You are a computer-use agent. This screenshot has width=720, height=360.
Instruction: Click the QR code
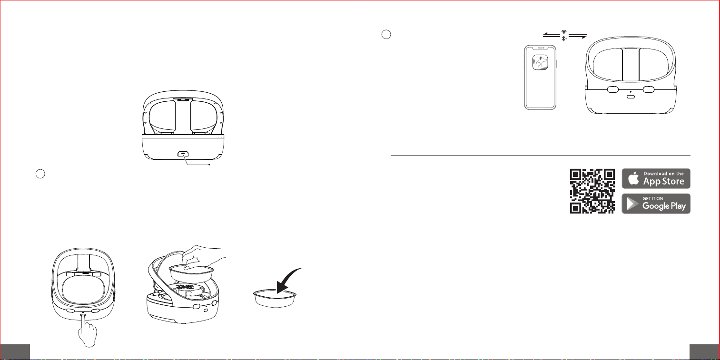click(592, 191)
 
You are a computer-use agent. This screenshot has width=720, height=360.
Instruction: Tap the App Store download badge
click(656, 178)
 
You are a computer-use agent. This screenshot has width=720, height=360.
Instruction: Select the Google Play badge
click(656, 204)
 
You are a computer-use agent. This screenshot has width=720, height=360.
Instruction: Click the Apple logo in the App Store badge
click(633, 178)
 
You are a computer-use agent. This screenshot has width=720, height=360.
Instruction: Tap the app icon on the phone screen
click(540, 62)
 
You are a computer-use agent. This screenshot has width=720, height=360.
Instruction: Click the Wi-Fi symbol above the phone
click(564, 32)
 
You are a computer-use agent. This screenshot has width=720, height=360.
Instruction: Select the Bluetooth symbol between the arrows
click(563, 38)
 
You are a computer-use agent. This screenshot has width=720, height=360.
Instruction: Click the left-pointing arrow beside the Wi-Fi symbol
click(552, 35)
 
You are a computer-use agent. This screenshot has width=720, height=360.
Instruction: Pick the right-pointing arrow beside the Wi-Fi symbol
click(578, 36)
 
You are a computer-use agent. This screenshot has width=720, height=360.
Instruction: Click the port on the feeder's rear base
click(183, 154)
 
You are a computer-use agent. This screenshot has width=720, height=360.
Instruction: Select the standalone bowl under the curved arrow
click(275, 298)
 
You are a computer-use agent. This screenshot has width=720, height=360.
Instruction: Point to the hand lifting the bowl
click(203, 259)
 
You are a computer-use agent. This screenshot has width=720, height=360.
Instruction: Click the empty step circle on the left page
click(40, 174)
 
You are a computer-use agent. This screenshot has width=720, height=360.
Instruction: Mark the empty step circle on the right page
click(386, 34)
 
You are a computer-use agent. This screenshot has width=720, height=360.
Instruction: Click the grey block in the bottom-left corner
click(15, 352)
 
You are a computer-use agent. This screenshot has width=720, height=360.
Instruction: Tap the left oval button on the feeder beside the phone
click(612, 89)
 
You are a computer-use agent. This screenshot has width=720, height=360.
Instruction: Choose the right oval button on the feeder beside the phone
click(649, 89)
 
